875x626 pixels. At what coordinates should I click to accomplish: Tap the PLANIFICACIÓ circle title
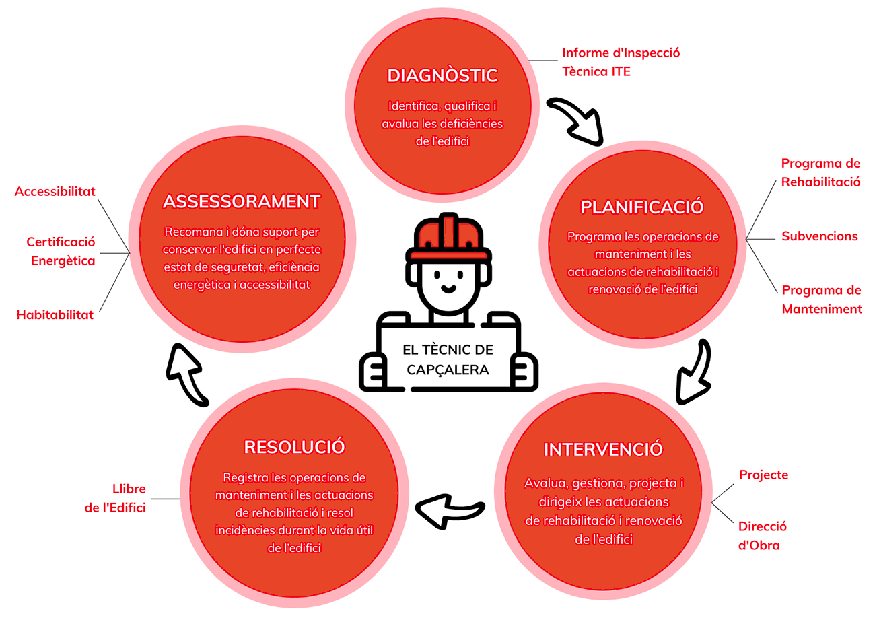[x=642, y=207]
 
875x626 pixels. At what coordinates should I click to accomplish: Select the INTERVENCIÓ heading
[x=603, y=449]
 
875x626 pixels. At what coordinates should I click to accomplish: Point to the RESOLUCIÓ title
[x=294, y=447]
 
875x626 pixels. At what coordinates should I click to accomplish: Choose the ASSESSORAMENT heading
[x=242, y=201]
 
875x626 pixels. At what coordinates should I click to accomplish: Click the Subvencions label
[x=820, y=236]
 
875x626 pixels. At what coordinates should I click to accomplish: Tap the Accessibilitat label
[x=55, y=191]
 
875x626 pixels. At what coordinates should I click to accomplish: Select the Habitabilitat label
[x=55, y=314]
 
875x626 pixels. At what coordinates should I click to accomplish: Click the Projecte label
[x=763, y=475]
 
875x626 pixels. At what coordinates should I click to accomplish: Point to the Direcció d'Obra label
[x=762, y=536]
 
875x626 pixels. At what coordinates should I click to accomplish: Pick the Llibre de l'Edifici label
[x=115, y=498]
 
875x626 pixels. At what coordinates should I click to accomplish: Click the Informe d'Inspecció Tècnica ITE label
[x=621, y=62]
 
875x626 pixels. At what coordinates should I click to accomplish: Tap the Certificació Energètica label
[x=61, y=251]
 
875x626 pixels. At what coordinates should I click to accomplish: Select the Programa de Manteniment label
[x=821, y=300]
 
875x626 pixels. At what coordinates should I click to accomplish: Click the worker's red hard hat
[x=448, y=238]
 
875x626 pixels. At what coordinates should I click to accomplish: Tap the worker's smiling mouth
[x=448, y=289]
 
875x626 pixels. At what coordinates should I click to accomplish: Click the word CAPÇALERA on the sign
[x=448, y=370]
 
